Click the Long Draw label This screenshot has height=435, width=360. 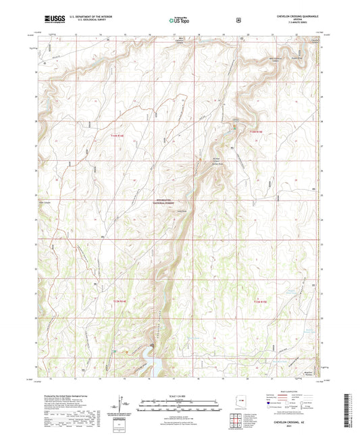point(181,211)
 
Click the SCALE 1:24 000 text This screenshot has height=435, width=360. point(180,395)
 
